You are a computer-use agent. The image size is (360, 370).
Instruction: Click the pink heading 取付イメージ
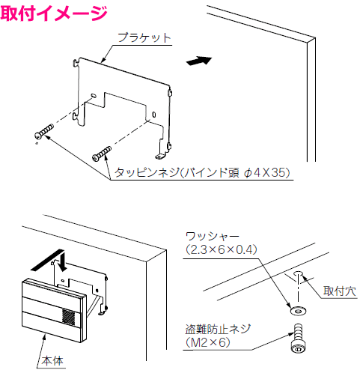pyautogui.click(x=54, y=13)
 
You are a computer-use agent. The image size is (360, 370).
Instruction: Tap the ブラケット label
pyautogui.click(x=144, y=38)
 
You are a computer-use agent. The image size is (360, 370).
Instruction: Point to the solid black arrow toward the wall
pyautogui.click(x=199, y=61)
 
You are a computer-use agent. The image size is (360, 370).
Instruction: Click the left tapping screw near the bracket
pyautogui.click(x=44, y=131)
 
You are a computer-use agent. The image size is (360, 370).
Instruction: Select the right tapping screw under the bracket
pyautogui.click(x=102, y=154)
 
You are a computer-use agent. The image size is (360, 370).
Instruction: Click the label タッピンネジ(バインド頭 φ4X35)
pyautogui.click(x=202, y=172)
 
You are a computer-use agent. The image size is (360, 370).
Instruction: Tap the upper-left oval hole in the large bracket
pyautogui.click(x=94, y=95)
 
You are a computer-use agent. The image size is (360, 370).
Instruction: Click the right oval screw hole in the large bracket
pyautogui.click(x=154, y=115)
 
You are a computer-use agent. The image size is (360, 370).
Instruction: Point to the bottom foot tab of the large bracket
pyautogui.click(x=160, y=157)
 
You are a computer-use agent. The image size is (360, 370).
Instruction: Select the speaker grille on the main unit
pyautogui.click(x=68, y=318)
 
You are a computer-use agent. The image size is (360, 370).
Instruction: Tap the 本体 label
pyautogui.click(x=52, y=360)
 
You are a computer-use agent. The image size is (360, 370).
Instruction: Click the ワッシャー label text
pyautogui.click(x=213, y=236)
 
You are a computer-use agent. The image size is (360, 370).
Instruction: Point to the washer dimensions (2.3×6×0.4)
pyautogui.click(x=222, y=249)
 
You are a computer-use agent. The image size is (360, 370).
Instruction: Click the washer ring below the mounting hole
pyautogui.click(x=298, y=311)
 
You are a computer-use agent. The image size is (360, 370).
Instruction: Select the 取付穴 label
pyautogui.click(x=340, y=291)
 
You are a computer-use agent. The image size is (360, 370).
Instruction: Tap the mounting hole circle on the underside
pyautogui.click(x=298, y=274)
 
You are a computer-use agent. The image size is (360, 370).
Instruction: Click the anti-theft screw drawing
pyautogui.click(x=297, y=339)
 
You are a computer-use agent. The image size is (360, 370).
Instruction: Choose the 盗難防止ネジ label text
pyautogui.click(x=218, y=329)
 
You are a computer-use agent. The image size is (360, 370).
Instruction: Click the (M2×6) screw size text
pyautogui.click(x=208, y=342)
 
